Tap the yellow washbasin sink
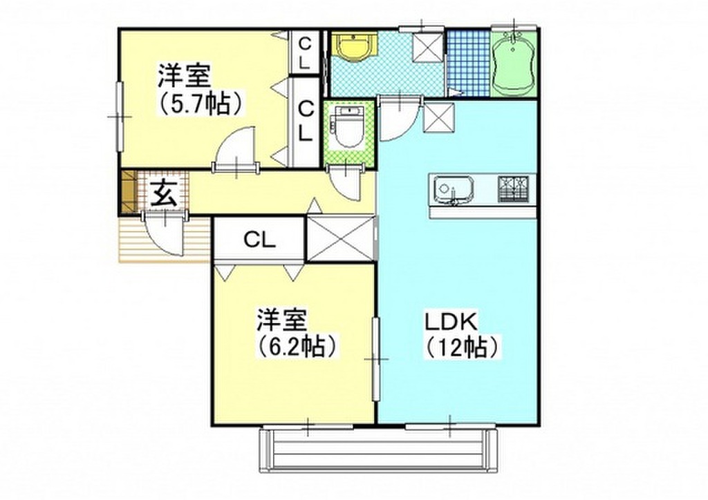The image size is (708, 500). (353, 48)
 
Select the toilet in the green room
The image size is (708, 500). (348, 128)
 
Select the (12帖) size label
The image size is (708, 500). (462, 347)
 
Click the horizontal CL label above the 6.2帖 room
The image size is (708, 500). (259, 240)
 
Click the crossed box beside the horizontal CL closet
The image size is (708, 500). (340, 239)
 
